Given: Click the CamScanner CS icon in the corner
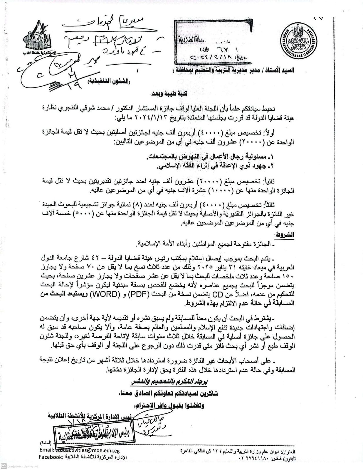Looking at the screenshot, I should point(4,466).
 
